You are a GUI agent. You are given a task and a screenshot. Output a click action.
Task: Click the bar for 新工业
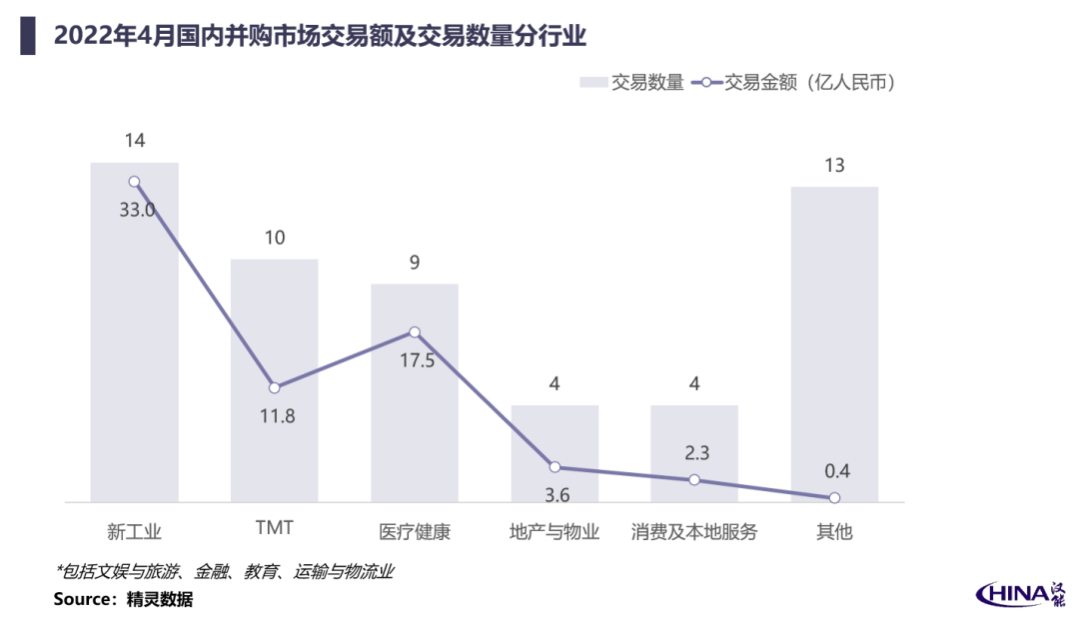click(x=134, y=332)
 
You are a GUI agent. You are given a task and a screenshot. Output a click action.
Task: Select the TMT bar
click(x=274, y=380)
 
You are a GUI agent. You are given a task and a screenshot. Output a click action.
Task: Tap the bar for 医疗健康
click(x=415, y=392)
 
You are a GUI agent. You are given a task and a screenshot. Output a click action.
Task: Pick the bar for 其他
click(x=834, y=343)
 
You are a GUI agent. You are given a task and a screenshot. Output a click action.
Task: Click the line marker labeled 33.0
click(x=134, y=182)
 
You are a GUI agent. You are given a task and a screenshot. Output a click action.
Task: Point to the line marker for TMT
click(x=274, y=387)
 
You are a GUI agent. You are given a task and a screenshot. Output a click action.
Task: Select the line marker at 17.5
click(x=415, y=332)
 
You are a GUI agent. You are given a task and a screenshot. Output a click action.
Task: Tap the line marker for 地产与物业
click(x=554, y=467)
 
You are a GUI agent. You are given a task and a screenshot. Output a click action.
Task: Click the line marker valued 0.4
click(x=834, y=497)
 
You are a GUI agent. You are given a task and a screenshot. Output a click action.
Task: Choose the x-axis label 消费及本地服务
click(x=693, y=531)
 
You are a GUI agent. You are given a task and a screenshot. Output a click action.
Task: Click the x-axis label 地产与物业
click(x=553, y=531)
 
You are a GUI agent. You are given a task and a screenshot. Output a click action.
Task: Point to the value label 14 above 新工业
click(x=135, y=141)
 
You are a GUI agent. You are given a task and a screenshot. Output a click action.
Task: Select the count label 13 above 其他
click(x=834, y=165)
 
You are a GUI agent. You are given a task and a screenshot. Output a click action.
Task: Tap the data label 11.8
click(x=278, y=416)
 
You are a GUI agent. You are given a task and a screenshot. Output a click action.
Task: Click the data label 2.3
click(x=696, y=452)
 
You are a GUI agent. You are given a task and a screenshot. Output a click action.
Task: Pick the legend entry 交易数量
click(x=631, y=83)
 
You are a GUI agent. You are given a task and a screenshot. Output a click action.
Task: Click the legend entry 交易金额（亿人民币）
click(x=792, y=83)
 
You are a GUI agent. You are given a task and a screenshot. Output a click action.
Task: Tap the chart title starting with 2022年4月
click(x=320, y=36)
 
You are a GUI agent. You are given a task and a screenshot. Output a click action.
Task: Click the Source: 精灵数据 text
click(x=123, y=599)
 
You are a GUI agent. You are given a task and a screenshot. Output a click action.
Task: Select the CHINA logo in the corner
click(x=1020, y=594)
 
